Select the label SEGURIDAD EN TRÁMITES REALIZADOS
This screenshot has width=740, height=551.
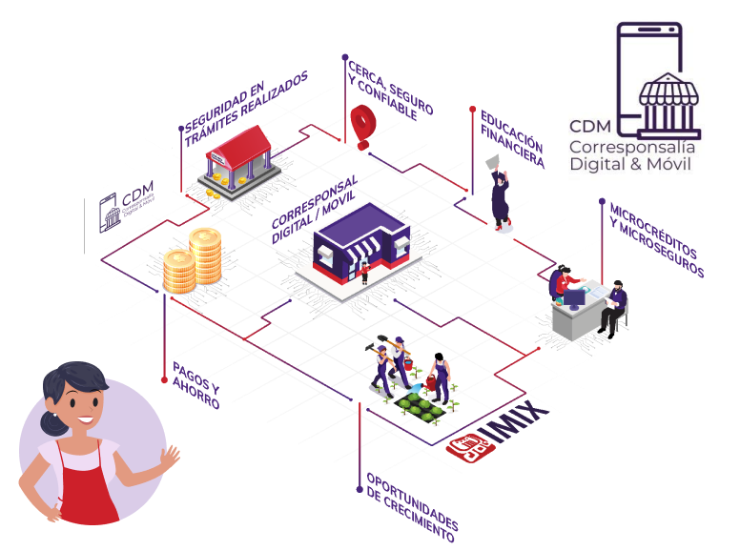(247, 109)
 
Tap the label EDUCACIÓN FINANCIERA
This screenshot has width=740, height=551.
(512, 140)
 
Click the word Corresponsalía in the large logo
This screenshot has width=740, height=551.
(631, 148)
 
